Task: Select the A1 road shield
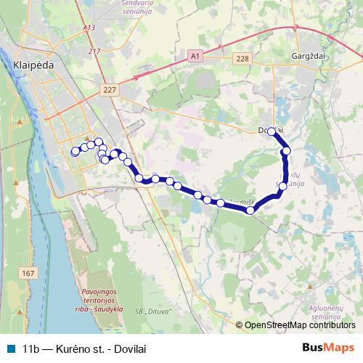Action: coord(194,56)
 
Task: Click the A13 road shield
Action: coord(89,28)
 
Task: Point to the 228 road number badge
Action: coord(242,57)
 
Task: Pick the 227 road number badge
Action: coord(110,89)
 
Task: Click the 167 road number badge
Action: coord(28,273)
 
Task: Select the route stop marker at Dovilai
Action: coord(271,131)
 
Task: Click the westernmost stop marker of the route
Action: coord(74,152)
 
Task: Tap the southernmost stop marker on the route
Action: coord(250,211)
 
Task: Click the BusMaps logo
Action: coord(327,347)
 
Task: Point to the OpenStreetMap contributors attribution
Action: coord(298,325)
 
